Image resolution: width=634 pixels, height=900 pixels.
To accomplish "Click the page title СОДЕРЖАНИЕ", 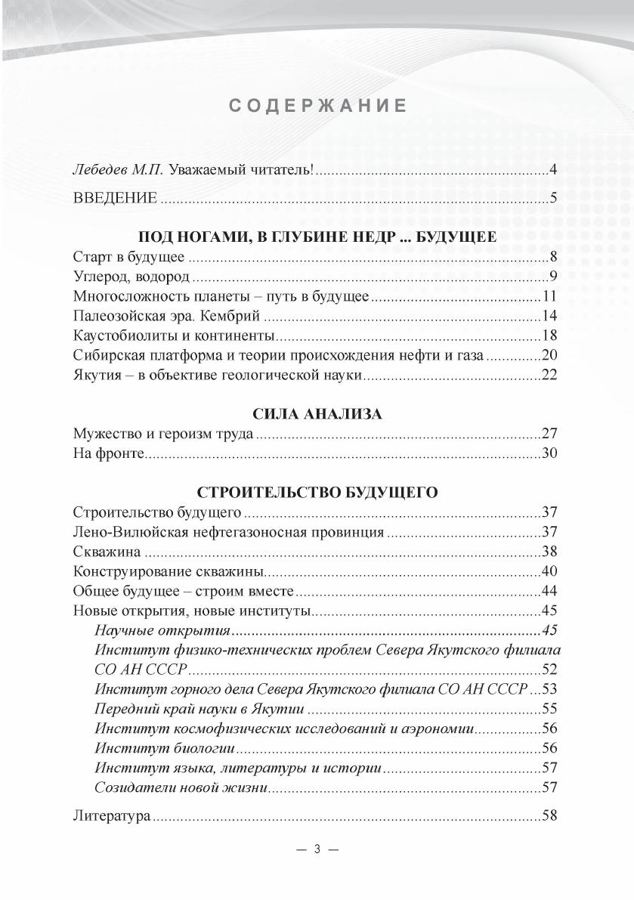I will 317,106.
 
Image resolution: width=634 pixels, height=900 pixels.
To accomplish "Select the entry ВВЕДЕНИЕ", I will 115,198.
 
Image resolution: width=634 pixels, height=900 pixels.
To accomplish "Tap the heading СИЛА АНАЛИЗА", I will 317,414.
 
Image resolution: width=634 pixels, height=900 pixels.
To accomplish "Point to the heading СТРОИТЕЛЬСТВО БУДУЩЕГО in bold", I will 317,492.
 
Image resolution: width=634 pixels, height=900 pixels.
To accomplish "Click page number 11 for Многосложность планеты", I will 549,295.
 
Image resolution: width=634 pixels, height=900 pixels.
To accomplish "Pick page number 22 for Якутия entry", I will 549,374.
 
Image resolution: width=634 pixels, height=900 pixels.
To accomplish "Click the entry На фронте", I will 109,453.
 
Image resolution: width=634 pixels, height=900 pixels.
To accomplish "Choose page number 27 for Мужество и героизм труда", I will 549,434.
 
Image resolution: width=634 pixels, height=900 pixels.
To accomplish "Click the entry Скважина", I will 106,551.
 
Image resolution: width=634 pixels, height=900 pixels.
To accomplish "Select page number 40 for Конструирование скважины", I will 549,571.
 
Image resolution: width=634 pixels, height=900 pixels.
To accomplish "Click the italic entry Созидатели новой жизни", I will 181,787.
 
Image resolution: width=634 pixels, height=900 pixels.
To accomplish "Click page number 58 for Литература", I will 549,816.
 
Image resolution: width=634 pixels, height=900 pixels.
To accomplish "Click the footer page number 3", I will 317,849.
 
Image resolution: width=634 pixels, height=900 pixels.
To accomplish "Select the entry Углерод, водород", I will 131,276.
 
